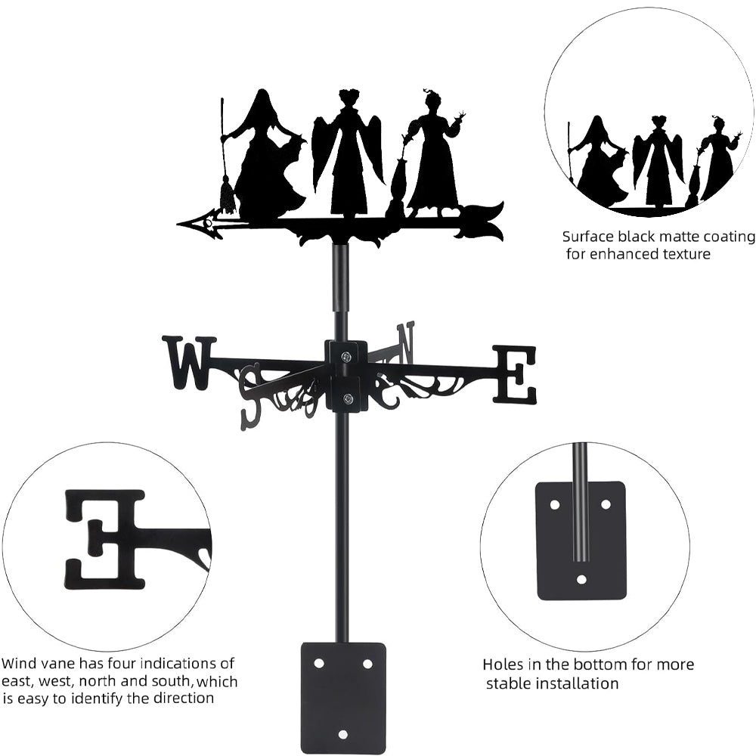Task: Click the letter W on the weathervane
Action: (x=188, y=363)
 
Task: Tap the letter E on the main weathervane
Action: (x=516, y=373)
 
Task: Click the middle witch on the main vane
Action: (x=349, y=159)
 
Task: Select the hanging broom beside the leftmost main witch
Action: (x=225, y=193)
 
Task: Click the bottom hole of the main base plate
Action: (x=343, y=734)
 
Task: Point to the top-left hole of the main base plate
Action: (x=319, y=663)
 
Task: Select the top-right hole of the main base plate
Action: (x=367, y=663)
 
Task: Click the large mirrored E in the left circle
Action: (x=105, y=538)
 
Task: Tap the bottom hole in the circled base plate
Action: (x=581, y=580)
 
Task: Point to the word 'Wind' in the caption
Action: (x=20, y=665)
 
